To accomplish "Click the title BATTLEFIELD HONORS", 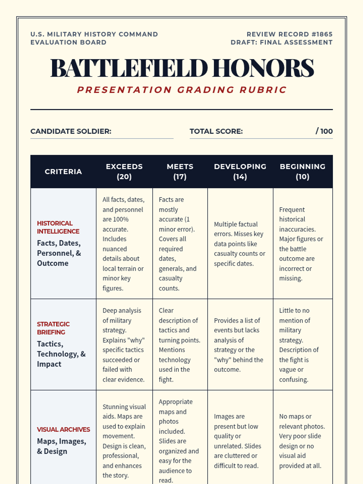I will click(x=181, y=68).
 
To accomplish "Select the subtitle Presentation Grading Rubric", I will click(x=181, y=90).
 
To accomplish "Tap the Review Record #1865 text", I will click(x=289, y=34).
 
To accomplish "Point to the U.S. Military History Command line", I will click(x=94, y=34).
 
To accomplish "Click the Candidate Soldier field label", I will click(x=71, y=131).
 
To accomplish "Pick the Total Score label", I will click(x=216, y=131).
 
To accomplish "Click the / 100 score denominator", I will click(x=324, y=131).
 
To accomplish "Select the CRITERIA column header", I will click(x=63, y=172).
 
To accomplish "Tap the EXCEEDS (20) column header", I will click(x=124, y=172).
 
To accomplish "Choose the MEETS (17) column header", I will click(x=180, y=172).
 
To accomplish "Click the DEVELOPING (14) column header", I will click(x=240, y=172).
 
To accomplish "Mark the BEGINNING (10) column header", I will click(x=302, y=172).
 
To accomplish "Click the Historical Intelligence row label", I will click(x=58, y=227).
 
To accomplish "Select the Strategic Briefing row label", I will click(x=53, y=328).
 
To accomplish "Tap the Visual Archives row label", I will click(x=63, y=430).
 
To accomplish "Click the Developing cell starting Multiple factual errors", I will click(x=239, y=244).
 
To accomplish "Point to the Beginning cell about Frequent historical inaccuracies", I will click(x=301, y=244).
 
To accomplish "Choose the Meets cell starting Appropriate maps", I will click(x=178, y=441).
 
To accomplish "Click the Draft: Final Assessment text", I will click(x=281, y=42).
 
